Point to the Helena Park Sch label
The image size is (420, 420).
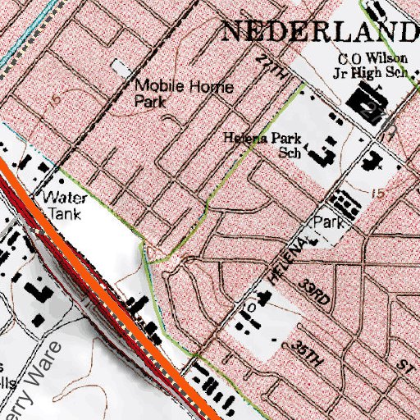262,145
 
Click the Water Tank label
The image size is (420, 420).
62,204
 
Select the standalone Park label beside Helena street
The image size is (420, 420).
326,222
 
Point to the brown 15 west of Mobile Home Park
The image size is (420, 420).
54,100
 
